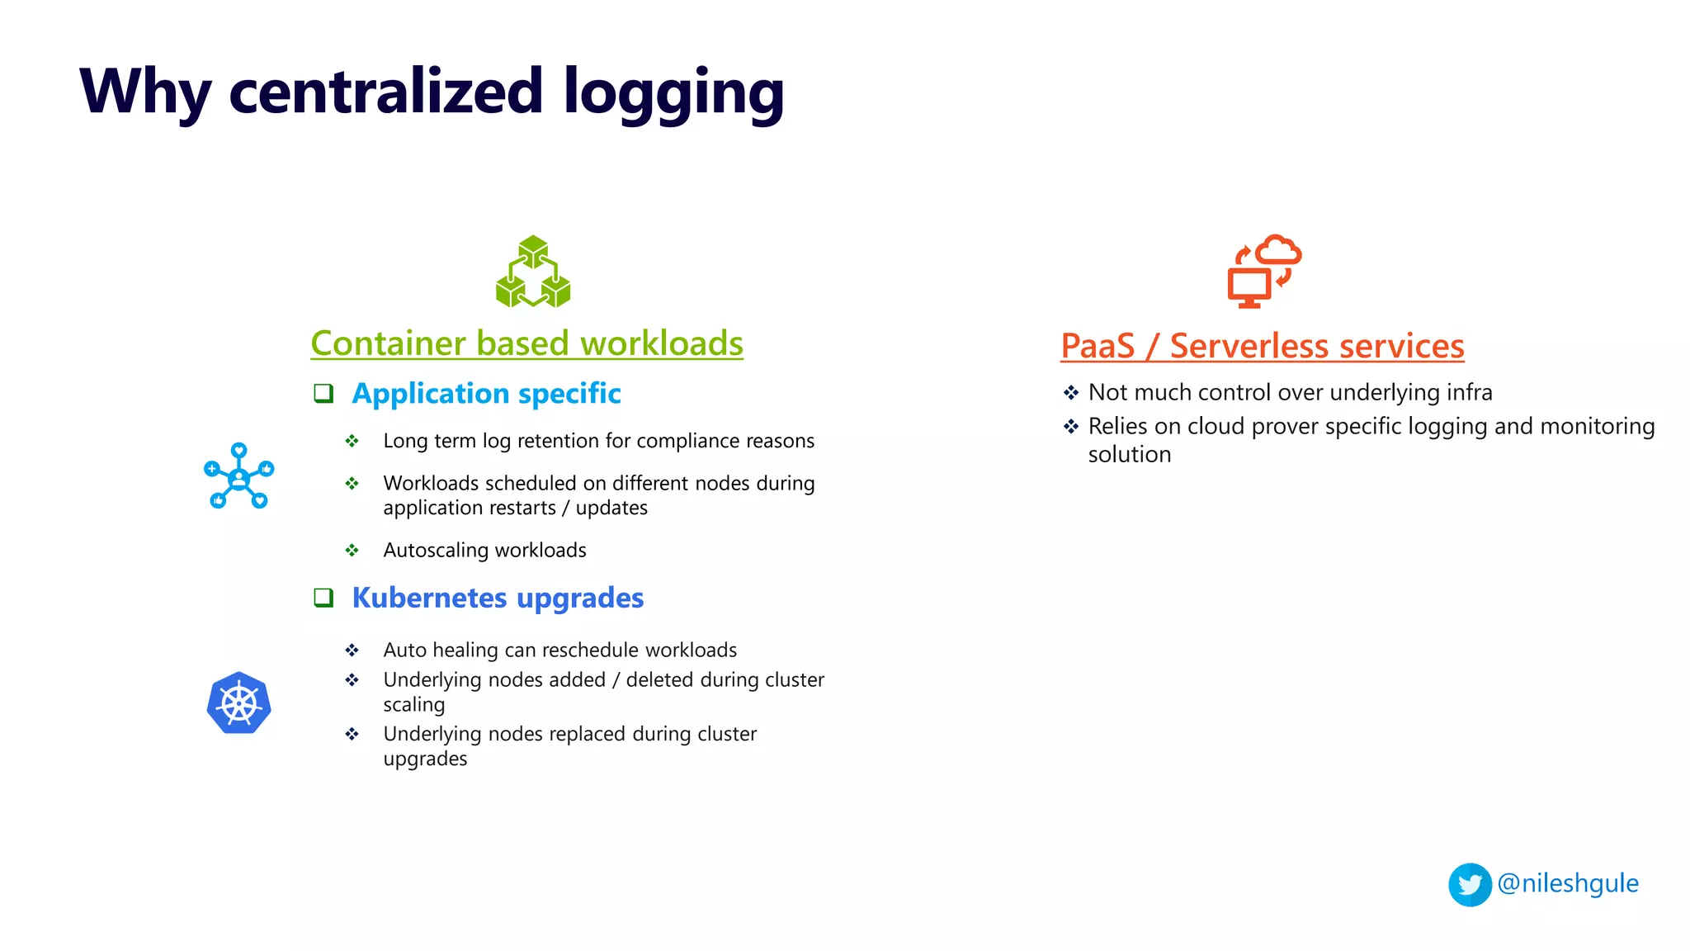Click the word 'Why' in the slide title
(145, 92)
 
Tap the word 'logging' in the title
(673, 92)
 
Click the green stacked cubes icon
(533, 272)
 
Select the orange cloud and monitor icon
(1263, 271)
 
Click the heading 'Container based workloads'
(526, 343)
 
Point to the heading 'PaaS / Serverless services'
(1262, 346)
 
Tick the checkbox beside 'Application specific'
(323, 393)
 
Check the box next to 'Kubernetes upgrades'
(323, 598)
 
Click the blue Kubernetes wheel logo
(239, 703)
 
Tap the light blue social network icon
(238, 476)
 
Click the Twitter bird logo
(1470, 885)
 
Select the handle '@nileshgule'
(1567, 883)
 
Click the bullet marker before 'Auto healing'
(352, 651)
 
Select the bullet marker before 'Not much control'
(1071, 393)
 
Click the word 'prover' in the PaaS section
(1285, 427)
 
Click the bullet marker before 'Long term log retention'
(352, 441)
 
